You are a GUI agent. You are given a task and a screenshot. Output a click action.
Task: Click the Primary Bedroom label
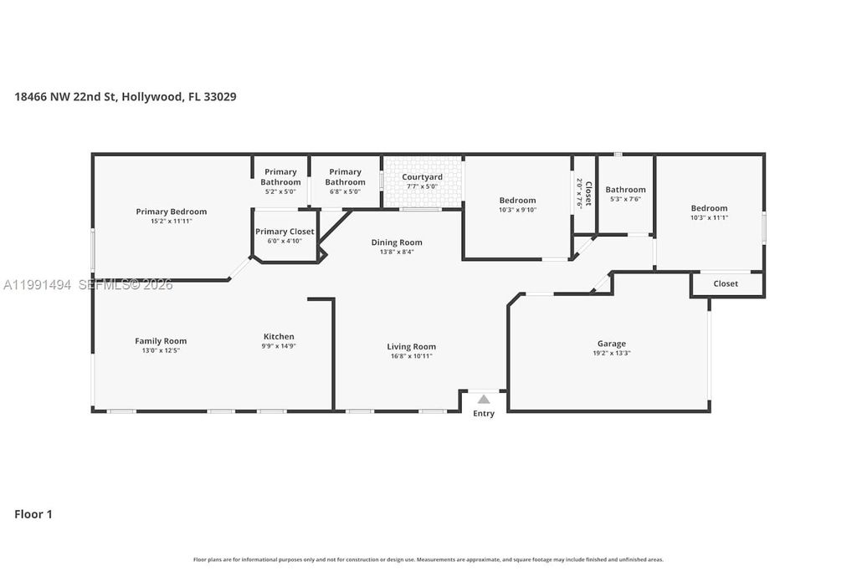click(171, 212)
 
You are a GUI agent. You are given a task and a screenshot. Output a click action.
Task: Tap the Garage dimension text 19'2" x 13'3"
click(611, 354)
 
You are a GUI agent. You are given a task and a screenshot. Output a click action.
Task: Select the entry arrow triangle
click(484, 399)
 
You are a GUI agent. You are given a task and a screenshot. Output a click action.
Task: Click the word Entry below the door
click(484, 414)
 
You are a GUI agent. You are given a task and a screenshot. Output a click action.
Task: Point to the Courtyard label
click(422, 177)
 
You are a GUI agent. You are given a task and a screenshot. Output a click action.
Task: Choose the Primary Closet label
click(285, 232)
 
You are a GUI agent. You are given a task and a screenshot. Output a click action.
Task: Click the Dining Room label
click(397, 242)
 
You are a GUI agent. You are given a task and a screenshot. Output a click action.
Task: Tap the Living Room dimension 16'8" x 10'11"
click(411, 356)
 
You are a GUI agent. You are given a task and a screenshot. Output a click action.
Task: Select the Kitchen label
click(279, 337)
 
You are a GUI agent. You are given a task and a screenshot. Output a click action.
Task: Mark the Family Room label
click(161, 341)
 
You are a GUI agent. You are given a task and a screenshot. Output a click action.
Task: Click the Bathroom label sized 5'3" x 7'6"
click(625, 190)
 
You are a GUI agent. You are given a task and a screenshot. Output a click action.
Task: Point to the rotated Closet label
click(588, 193)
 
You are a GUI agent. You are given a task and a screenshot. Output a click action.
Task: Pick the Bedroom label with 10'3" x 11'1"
click(709, 208)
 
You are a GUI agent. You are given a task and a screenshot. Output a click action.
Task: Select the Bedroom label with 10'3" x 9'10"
click(517, 200)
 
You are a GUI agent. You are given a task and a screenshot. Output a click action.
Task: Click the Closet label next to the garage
click(726, 283)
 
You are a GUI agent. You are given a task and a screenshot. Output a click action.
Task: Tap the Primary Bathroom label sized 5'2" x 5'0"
click(280, 176)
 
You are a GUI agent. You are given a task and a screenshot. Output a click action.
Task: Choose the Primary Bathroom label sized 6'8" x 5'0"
click(345, 176)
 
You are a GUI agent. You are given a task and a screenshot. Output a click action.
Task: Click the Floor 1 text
click(33, 514)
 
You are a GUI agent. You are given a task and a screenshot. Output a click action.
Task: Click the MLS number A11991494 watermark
click(38, 285)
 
